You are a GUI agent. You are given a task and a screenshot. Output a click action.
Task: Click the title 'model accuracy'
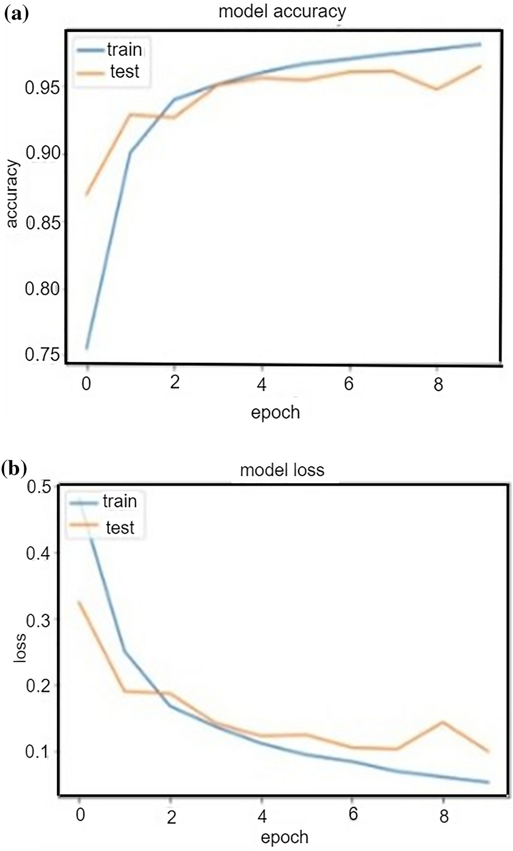282,11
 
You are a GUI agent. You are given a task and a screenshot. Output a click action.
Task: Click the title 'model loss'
282,470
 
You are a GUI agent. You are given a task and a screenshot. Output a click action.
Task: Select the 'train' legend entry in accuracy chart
124,50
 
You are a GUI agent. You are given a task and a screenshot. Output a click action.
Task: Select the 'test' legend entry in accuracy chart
124,72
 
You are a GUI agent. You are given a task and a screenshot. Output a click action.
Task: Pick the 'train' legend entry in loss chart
119,501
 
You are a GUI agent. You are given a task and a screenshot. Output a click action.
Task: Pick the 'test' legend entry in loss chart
120,528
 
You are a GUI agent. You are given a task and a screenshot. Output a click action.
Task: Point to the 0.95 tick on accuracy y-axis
42,87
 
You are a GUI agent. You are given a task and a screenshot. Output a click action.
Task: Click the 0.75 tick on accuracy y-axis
42,354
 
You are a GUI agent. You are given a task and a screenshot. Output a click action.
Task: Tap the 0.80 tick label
42,289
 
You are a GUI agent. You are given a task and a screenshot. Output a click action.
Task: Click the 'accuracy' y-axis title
12,194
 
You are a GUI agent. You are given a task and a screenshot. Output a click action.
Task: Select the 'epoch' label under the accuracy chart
275,412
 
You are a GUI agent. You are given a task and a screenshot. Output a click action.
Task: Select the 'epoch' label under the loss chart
284,837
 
